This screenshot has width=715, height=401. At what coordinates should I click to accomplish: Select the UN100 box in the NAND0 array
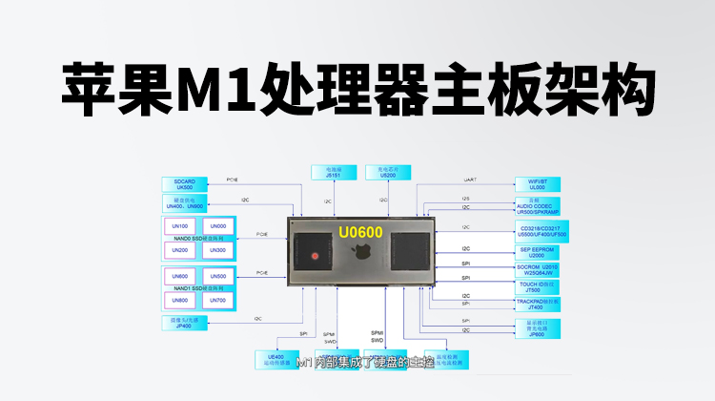coord(180,225)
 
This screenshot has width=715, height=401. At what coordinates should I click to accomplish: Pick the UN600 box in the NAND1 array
coord(180,277)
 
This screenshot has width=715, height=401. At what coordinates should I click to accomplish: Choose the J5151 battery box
coord(332,173)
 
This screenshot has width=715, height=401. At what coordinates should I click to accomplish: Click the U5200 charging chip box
coord(387,173)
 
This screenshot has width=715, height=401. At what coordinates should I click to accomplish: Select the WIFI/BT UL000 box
coord(538,183)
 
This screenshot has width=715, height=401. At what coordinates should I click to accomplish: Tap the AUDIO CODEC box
coord(538,206)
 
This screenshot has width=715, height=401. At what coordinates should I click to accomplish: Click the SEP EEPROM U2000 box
coord(538,252)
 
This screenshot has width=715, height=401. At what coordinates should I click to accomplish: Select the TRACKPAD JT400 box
coord(538,305)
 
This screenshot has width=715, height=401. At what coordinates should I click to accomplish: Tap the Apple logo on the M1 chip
coord(362,255)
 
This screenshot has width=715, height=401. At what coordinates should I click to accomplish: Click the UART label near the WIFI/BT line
coord(469,179)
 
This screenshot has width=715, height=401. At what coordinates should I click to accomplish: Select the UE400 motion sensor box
coord(276,359)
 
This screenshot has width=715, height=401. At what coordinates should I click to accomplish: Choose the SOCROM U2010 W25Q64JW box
coord(538,269)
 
